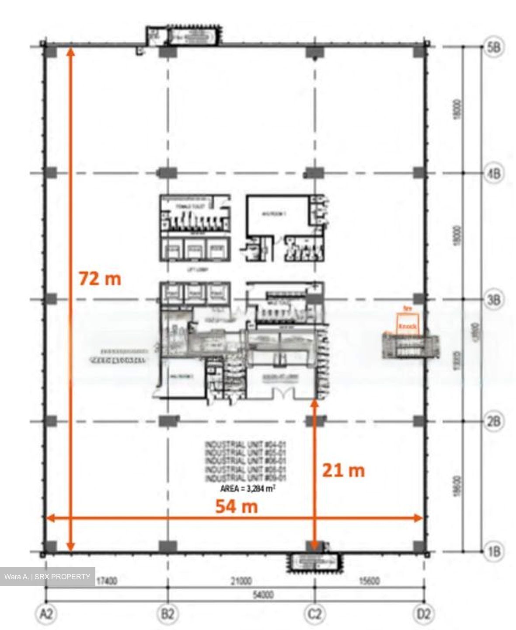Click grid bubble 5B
click(493, 47)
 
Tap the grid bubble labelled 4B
click(493, 174)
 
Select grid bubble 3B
click(493, 300)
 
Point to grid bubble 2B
click(493, 422)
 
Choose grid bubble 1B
click(493, 551)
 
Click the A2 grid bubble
click(46, 614)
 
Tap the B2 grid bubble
click(168, 614)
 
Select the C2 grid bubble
click(314, 614)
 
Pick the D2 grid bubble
click(423, 614)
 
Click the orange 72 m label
click(100, 279)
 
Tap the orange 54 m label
click(237, 506)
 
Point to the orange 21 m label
click(343, 470)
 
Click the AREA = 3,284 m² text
click(248, 489)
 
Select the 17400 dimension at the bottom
click(106, 581)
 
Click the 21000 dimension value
click(241, 581)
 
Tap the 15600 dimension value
click(369, 581)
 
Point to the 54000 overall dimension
click(263, 595)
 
